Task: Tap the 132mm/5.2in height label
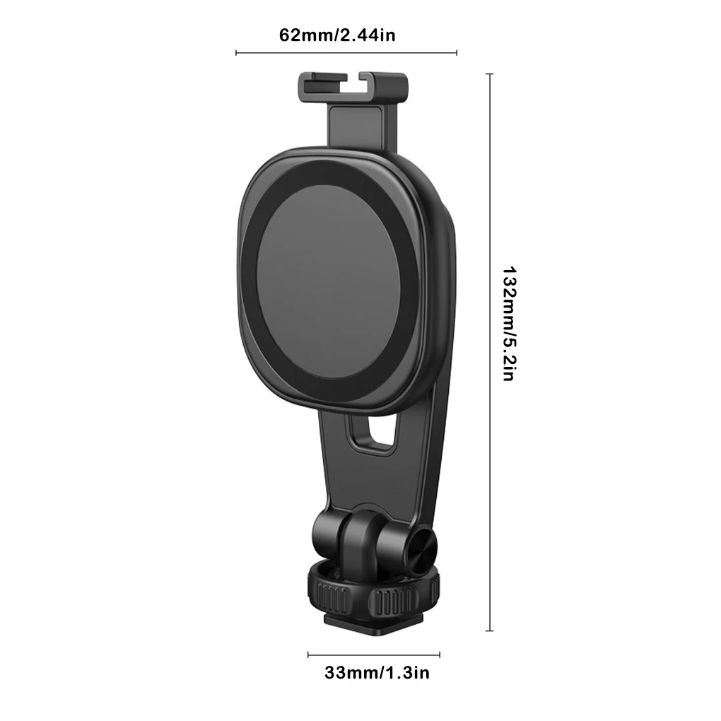[508, 323]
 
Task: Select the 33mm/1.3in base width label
[377, 672]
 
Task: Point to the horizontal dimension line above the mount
[346, 52]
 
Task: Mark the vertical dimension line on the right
[490, 353]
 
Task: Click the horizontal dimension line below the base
[374, 654]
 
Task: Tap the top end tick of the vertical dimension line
[490, 74]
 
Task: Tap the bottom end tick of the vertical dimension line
[490, 631]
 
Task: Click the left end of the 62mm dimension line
[236, 52]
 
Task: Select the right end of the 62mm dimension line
[457, 52]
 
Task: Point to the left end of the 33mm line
[308, 654]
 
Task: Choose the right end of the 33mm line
[440, 654]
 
